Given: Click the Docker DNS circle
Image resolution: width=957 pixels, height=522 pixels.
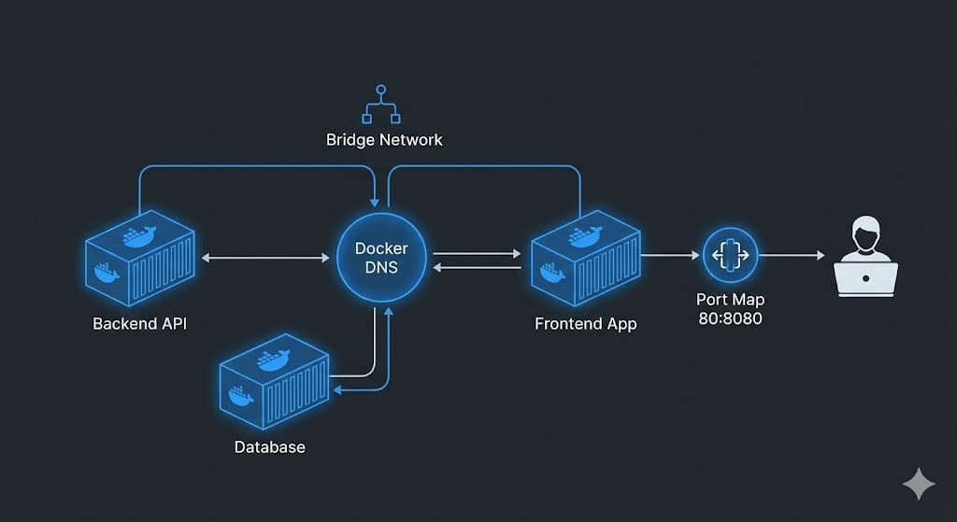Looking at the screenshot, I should click(x=381, y=257).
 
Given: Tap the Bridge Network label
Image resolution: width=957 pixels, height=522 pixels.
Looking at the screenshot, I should click(x=384, y=140).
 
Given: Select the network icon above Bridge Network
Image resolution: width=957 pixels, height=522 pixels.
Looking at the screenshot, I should click(x=380, y=105).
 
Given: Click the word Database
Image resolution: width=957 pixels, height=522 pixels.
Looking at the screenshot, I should click(x=269, y=446).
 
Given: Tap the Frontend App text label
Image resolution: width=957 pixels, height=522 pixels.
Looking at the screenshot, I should click(x=585, y=324).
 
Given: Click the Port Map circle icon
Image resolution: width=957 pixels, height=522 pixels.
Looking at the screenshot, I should click(x=730, y=255).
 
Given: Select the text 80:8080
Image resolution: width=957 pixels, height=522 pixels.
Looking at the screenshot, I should click(x=730, y=318).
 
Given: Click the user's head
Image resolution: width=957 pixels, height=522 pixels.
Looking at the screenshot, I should click(x=865, y=233).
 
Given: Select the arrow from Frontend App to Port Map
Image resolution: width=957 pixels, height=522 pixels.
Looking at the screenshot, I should click(x=671, y=255).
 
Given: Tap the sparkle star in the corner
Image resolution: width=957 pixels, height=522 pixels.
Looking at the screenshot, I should click(x=918, y=484).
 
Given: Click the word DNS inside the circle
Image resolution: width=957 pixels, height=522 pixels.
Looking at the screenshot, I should click(x=381, y=267).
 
